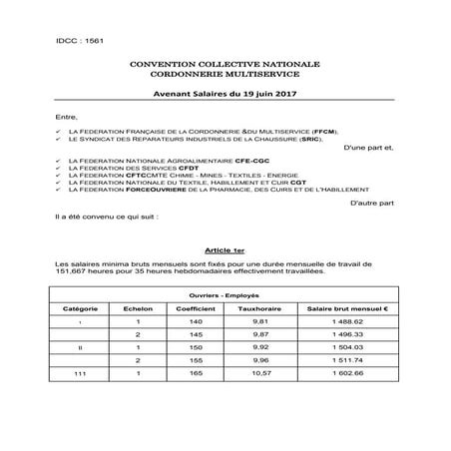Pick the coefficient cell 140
(x=196, y=322)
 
